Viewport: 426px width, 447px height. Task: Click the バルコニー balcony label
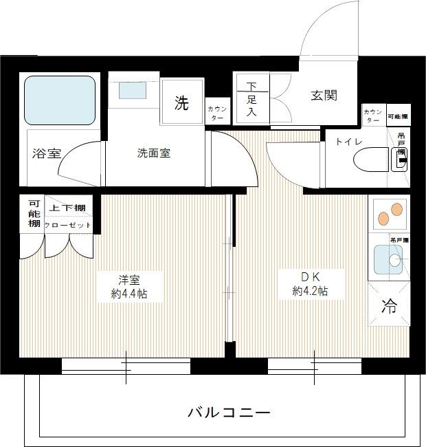(x=229, y=413)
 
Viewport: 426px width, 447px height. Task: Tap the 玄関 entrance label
(x=323, y=96)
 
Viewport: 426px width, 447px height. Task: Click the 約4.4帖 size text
(x=129, y=294)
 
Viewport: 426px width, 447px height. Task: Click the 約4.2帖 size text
(x=310, y=291)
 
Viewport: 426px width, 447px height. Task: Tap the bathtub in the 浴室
(x=60, y=100)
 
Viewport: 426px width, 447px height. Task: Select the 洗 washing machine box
(x=181, y=104)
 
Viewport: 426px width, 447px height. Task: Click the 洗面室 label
(x=153, y=153)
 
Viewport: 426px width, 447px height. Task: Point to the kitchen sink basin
(x=385, y=261)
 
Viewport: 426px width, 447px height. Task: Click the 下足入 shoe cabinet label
(x=252, y=99)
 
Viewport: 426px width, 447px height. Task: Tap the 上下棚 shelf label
(x=67, y=208)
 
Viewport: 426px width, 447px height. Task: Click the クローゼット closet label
(x=67, y=225)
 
